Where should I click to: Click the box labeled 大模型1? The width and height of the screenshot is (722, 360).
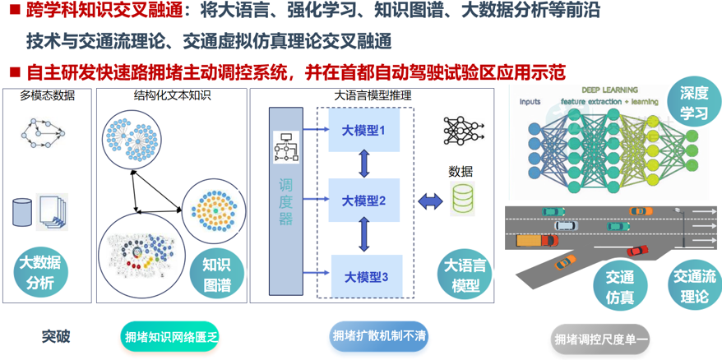pos(364,131)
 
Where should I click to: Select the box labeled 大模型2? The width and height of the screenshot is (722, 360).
pos(364,201)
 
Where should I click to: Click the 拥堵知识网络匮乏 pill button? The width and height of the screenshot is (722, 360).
pos(171,337)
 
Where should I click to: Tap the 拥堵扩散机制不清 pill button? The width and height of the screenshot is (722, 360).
pos(378,336)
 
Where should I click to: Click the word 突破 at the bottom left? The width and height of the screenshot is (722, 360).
pos(57,336)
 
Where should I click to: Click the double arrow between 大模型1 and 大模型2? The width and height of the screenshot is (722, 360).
pos(364,165)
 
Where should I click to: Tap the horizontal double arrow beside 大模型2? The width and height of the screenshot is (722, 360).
pos(429,201)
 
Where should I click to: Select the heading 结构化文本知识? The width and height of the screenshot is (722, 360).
pos(172,95)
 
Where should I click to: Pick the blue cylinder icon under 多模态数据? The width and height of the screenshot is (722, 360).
pos(22,211)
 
